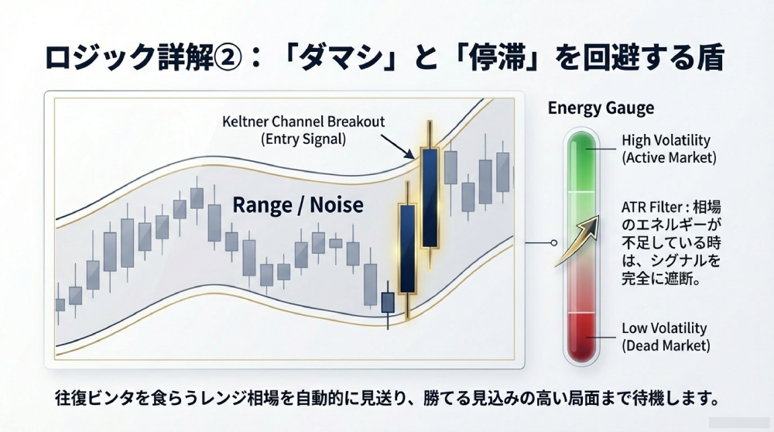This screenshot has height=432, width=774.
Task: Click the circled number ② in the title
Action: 228,57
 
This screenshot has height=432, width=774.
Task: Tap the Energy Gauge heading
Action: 601,108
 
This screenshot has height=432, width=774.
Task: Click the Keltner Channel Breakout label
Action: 303,122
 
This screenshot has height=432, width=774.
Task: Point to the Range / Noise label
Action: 298,204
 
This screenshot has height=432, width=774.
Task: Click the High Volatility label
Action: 666,140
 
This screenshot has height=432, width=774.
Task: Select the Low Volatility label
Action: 664,327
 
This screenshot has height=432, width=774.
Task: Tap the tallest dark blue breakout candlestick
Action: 430,197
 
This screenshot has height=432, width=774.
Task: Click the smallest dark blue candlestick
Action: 388,303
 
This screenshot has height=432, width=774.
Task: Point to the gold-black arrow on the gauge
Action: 577,241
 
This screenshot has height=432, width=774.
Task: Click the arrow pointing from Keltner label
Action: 397,146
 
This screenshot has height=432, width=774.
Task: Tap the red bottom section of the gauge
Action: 581,337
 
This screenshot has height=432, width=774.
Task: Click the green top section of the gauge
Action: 581,162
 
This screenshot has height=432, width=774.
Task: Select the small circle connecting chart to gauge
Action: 554,243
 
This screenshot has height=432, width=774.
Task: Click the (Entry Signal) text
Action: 303,139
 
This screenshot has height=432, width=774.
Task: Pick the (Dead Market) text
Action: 666,345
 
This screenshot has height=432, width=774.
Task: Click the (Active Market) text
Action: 669,158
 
